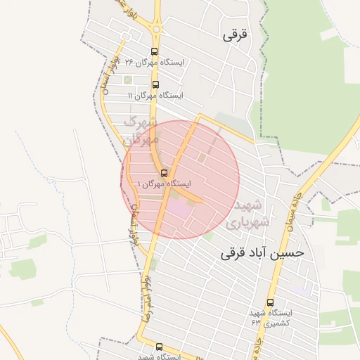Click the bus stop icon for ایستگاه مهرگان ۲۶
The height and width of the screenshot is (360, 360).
[155, 51]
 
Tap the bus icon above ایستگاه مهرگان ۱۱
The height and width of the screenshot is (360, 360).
[155, 84]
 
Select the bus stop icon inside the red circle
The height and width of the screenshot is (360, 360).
[164, 173]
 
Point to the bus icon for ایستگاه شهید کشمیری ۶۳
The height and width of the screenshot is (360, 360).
[269, 302]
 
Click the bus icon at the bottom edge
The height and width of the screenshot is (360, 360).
[159, 347]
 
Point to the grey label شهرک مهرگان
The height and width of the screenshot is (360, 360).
[139, 131]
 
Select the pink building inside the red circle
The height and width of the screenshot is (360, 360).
[179, 208]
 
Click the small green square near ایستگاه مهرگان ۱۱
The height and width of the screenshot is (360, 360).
[128, 79]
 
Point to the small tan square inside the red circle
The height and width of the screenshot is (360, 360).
[202, 159]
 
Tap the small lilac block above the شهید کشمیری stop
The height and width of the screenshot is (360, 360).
[302, 289]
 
